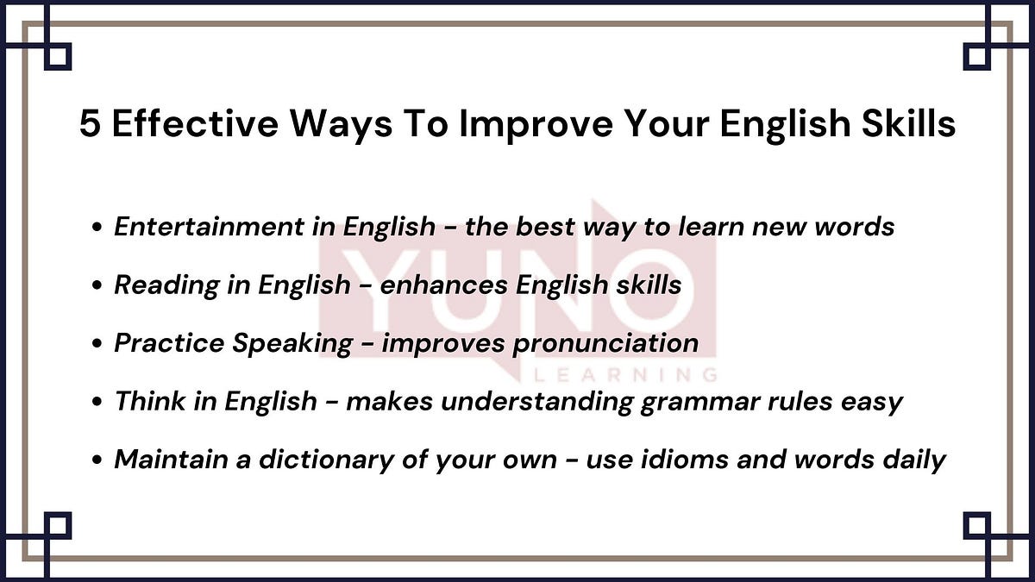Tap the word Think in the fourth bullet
pyautogui.click(x=145, y=401)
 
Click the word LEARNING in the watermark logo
pyautogui.click(x=625, y=376)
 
